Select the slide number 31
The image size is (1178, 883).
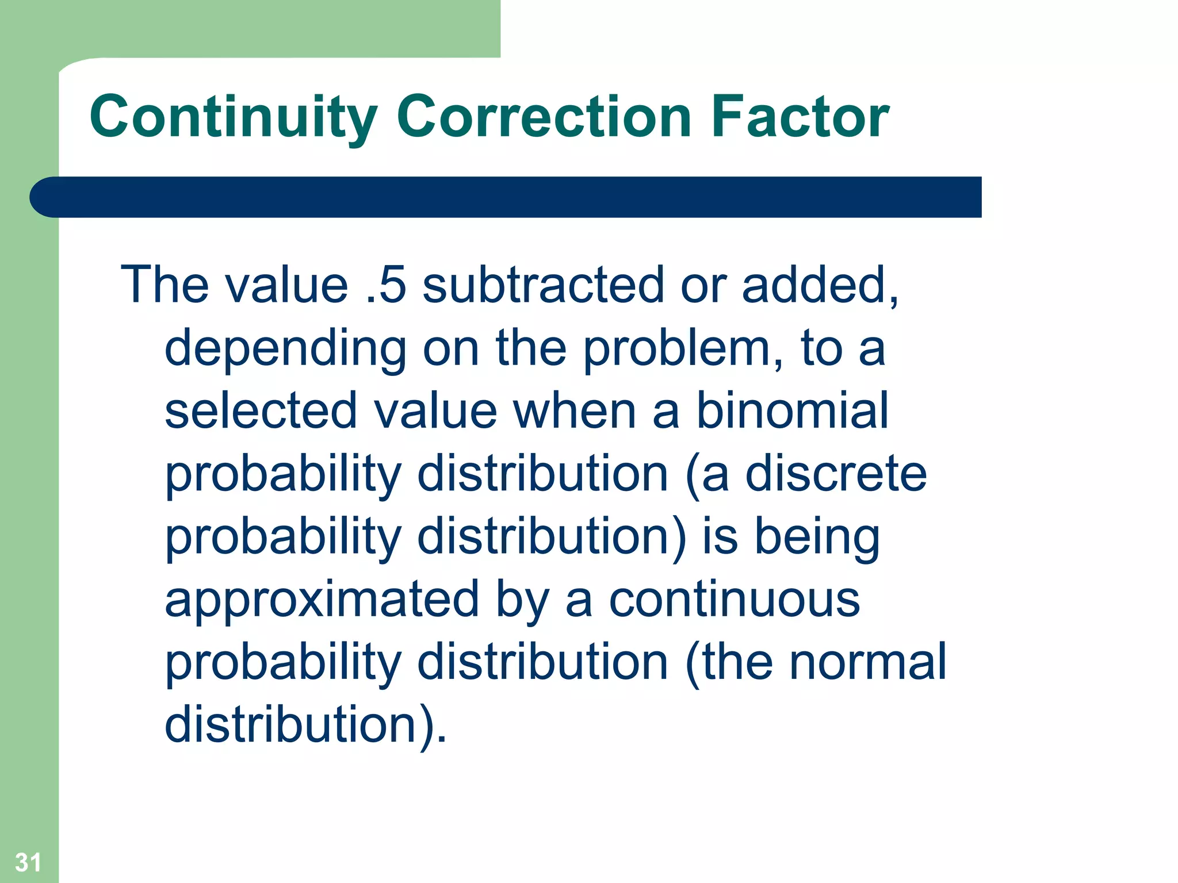pos(28,862)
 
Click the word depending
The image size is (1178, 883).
pos(285,349)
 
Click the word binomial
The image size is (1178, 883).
pos(793,410)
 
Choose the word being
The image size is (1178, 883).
pos(817,538)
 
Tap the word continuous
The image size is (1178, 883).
pos(734,599)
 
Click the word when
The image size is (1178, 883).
pos(573,410)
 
